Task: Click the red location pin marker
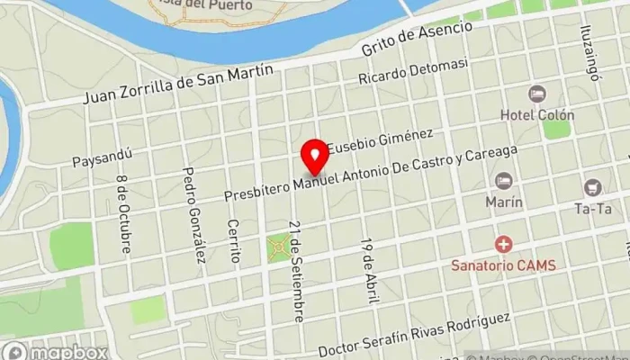point(314,157)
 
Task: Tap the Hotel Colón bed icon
point(537,94)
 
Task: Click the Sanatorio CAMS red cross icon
point(503,244)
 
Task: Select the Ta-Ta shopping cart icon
point(592,187)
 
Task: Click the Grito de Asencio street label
point(416,40)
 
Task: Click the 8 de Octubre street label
point(122,212)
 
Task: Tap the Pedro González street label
point(193,214)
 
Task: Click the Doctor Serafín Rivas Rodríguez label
point(419,333)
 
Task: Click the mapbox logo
point(54,350)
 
